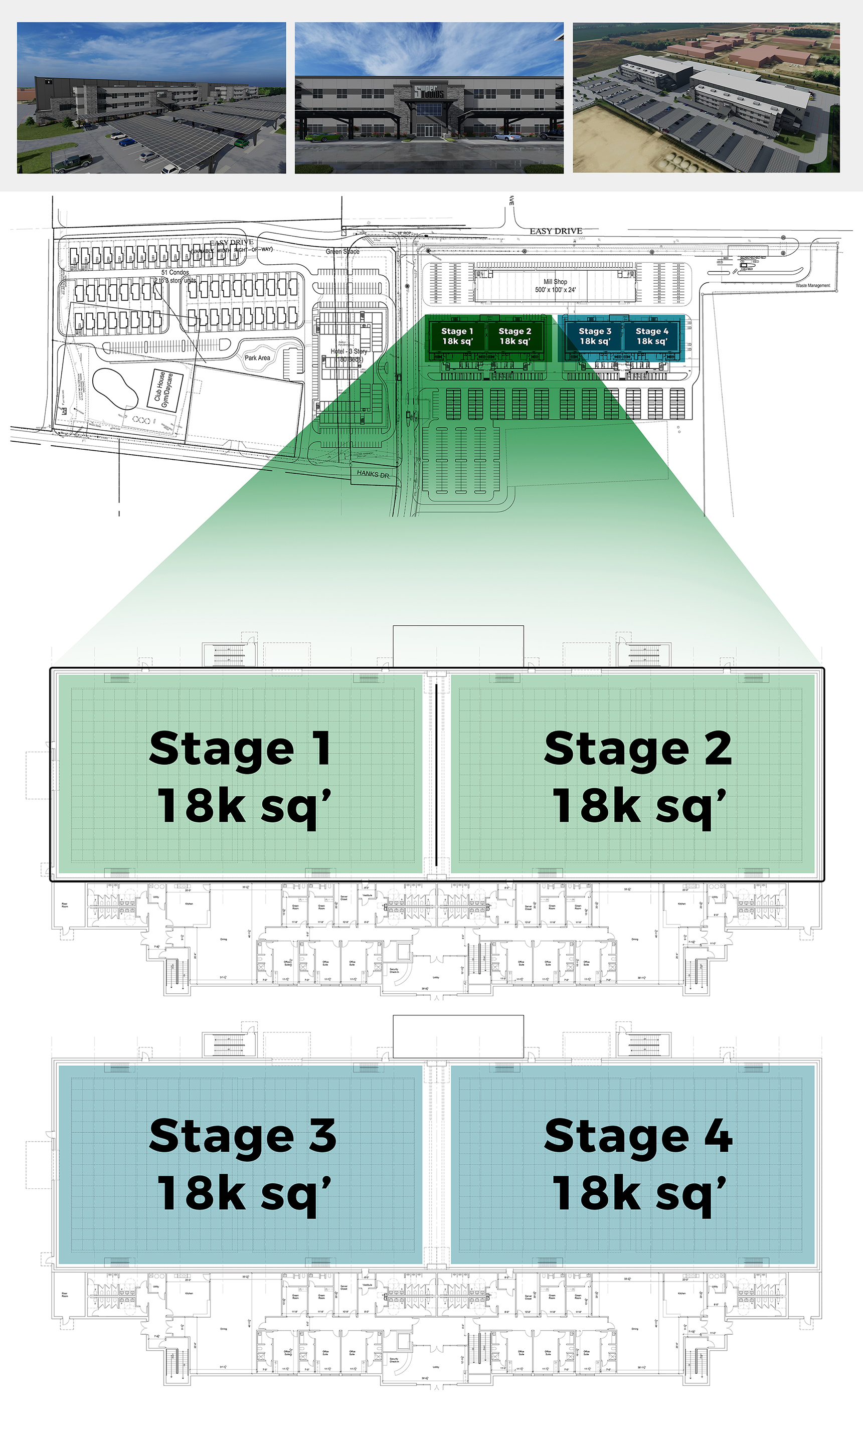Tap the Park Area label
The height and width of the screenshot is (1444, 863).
pyautogui.click(x=257, y=358)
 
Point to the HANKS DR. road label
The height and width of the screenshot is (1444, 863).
pyautogui.click(x=373, y=474)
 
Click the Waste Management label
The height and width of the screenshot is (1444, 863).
pyautogui.click(x=812, y=285)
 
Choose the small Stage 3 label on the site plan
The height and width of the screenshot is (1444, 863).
pyautogui.click(x=594, y=331)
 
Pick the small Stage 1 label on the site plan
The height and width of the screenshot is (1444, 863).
pyautogui.click(x=457, y=331)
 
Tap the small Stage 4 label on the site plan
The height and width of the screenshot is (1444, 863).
pyautogui.click(x=651, y=331)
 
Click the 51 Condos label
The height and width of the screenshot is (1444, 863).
pyautogui.click(x=175, y=272)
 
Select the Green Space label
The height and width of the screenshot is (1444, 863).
pyautogui.click(x=342, y=252)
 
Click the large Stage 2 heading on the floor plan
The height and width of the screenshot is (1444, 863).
pyautogui.click(x=638, y=749)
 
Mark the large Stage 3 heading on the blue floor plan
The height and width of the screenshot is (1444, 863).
pyautogui.click(x=243, y=1137)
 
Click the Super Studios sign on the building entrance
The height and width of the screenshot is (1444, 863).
pyautogui.click(x=429, y=92)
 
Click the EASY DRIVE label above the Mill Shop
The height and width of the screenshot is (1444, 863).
pyautogui.click(x=556, y=231)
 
